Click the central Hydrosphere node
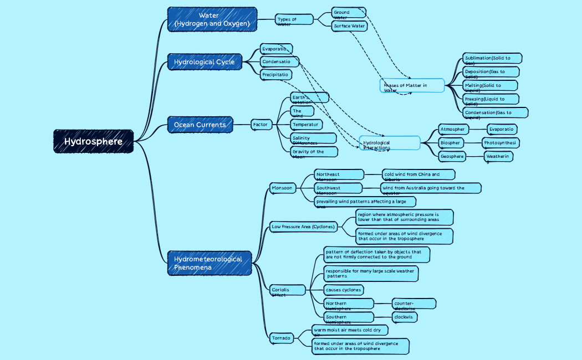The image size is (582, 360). click(x=94, y=141)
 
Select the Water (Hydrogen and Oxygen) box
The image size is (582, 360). click(x=212, y=19)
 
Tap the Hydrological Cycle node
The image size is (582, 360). click(x=205, y=62)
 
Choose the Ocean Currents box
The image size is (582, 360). click(x=200, y=125)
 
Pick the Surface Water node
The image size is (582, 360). click(x=349, y=26)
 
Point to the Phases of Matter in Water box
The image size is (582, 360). click(x=412, y=86)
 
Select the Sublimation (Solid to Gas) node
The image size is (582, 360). click(x=493, y=59)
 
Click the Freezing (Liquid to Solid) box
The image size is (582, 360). click(x=491, y=100)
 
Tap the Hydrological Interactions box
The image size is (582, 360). click(x=390, y=143)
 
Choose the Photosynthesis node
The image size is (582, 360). click(x=501, y=143)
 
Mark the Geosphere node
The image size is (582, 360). click(x=452, y=157)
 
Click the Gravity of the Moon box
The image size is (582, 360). click(x=314, y=152)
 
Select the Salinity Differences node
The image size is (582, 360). click(x=313, y=138)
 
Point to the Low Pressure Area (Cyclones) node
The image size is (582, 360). click(x=303, y=227)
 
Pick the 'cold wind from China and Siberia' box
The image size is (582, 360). click(x=418, y=175)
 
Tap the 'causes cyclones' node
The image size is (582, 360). click(x=344, y=290)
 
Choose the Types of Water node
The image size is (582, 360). click(x=294, y=20)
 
